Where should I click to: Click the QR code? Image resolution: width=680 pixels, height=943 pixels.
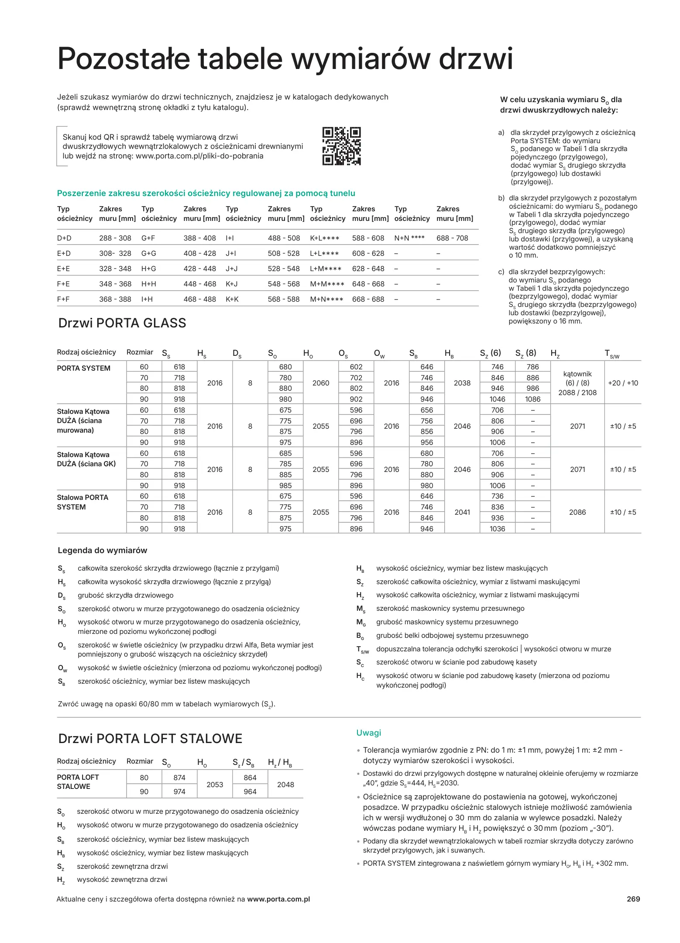pyautogui.click(x=341, y=146)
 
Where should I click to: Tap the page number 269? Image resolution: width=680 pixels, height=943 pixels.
pyautogui.click(x=633, y=899)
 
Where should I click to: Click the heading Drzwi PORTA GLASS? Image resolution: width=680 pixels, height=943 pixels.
pyautogui.click(x=122, y=323)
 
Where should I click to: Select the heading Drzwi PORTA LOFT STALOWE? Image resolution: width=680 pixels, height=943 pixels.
pyautogui.click(x=150, y=739)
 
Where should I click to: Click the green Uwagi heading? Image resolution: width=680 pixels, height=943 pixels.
pyautogui.click(x=368, y=733)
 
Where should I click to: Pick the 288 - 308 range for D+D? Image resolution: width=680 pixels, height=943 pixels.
pyautogui.click(x=115, y=238)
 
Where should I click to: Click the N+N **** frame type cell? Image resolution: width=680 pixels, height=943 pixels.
pyautogui.click(x=409, y=238)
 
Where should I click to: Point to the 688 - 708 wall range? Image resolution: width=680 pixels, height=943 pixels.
pyautogui.click(x=452, y=238)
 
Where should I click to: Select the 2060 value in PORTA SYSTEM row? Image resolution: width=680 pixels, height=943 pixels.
pyautogui.click(x=321, y=383)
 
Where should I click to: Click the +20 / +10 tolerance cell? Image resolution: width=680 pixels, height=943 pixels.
pyautogui.click(x=623, y=383)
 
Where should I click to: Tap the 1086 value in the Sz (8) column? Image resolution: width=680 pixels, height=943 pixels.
pyautogui.click(x=532, y=399)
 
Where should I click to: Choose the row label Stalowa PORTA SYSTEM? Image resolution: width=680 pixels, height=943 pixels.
pyautogui.click(x=82, y=502)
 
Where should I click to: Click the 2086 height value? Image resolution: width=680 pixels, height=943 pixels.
pyautogui.click(x=577, y=512)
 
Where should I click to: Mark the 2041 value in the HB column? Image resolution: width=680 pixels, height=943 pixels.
pyautogui.click(x=462, y=512)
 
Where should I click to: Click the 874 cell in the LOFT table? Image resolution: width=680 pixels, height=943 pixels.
pyautogui.click(x=179, y=778)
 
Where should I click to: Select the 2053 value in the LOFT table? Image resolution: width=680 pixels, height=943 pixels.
pyautogui.click(x=215, y=785)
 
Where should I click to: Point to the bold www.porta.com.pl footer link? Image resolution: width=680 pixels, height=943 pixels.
pyautogui.click(x=278, y=899)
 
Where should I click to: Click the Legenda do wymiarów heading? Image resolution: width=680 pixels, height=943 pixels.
pyautogui.click(x=102, y=551)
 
